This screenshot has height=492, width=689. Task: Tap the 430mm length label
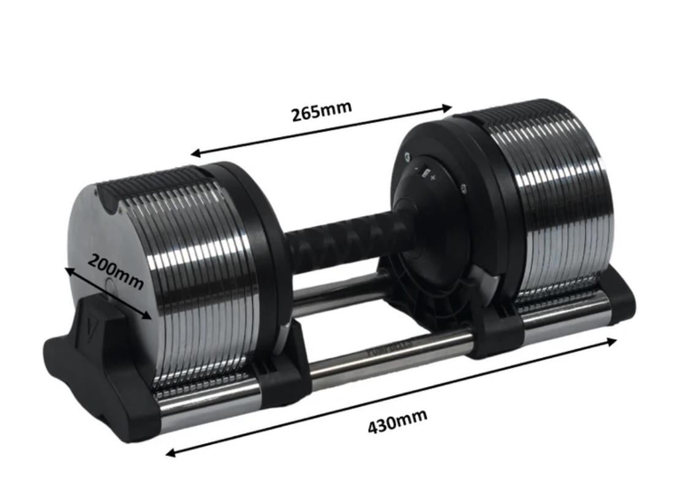coord(397,421)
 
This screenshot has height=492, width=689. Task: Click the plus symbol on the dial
coord(433,177)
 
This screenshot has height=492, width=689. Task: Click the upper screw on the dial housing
coord(408,157)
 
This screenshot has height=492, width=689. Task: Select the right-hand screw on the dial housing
coord(464,188)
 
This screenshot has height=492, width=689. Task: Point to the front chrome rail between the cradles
coord(392,354)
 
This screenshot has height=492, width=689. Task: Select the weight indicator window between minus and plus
coord(425,174)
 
